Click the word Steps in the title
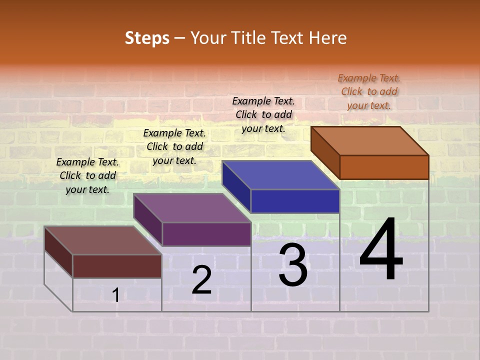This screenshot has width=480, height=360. point(147,38)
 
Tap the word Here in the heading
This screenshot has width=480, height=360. point(327,38)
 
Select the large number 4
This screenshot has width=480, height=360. point(381,250)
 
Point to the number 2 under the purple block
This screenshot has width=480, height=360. point(202,280)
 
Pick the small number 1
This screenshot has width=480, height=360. point(116,295)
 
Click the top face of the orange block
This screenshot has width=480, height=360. point(370,140)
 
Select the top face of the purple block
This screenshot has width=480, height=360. point(192,208)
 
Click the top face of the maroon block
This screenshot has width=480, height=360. point(103,240)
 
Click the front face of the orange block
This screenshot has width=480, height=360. point(384,167)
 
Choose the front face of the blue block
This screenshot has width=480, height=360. point(295,201)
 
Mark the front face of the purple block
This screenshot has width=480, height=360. point(206,234)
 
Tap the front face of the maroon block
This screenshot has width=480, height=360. point(117,266)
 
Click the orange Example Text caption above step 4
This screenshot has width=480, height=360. point(369,91)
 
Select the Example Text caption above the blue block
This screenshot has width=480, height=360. point(263,114)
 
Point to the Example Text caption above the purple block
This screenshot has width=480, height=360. point(174,146)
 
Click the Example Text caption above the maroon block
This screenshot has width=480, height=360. point(87,175)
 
